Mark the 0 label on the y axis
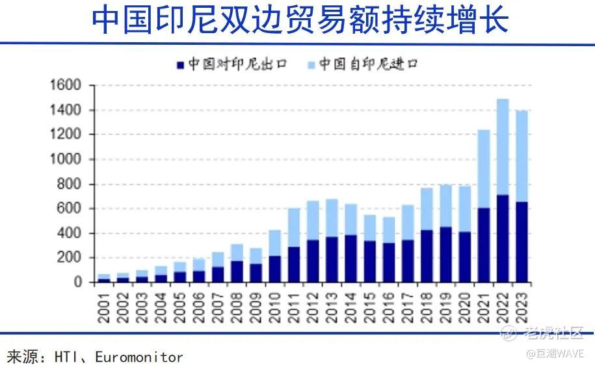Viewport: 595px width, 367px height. coord(77,283)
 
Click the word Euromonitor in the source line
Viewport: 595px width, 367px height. coord(139,357)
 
